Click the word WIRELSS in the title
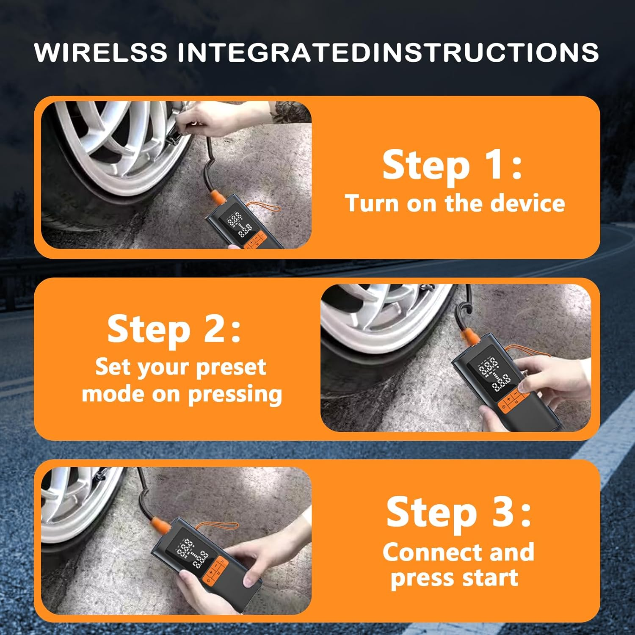pos(101,52)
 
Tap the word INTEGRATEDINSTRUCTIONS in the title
pos(388,52)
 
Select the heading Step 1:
pos(452,165)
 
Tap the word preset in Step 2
pos(232,367)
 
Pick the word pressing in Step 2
pos(235,395)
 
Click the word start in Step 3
pos(491,578)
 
